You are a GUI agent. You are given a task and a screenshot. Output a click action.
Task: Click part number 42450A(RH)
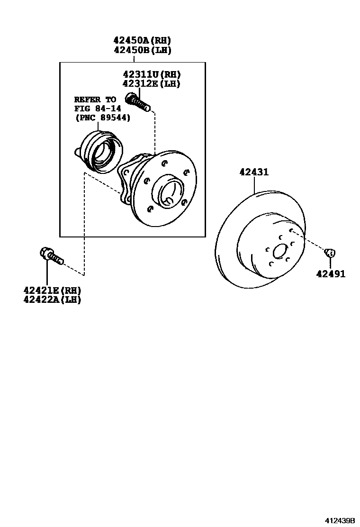coord(142,40)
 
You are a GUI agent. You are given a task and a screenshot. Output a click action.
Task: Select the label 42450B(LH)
coord(142,50)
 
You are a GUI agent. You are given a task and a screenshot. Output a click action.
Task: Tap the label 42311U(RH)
coord(152,74)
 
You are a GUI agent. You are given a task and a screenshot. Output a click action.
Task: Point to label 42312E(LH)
coord(152,83)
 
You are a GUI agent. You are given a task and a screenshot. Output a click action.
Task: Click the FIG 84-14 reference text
coord(94,109)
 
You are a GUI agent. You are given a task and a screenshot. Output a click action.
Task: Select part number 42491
coord(331,274)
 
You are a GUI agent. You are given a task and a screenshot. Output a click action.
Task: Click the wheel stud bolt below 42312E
coord(137,102)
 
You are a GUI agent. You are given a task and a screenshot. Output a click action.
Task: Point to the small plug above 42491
coord(330,252)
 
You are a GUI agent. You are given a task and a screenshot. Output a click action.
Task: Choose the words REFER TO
coord(95,100)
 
